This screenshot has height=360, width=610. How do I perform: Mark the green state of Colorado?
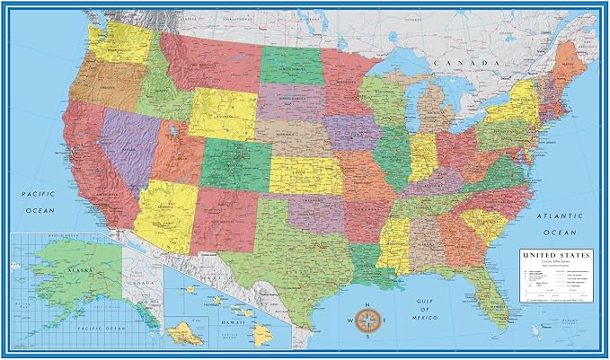235,163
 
